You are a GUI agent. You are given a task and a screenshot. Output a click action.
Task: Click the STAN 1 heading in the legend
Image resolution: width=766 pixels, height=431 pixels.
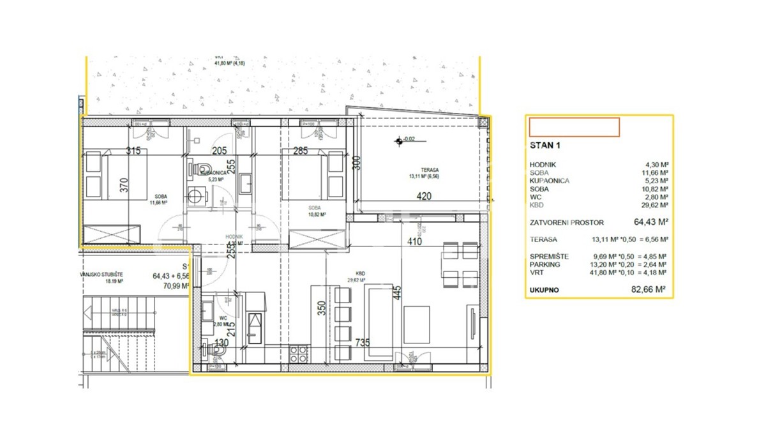point(546,146)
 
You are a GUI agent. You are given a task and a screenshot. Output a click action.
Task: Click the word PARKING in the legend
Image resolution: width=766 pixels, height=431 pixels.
point(544,264)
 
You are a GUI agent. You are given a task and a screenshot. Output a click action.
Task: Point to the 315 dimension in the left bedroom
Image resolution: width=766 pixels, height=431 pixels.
point(133,151)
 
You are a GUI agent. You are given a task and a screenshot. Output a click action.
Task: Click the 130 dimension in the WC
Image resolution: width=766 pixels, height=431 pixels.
point(222,344)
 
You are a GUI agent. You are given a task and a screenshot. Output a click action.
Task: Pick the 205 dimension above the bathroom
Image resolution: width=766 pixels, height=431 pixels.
point(220,151)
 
